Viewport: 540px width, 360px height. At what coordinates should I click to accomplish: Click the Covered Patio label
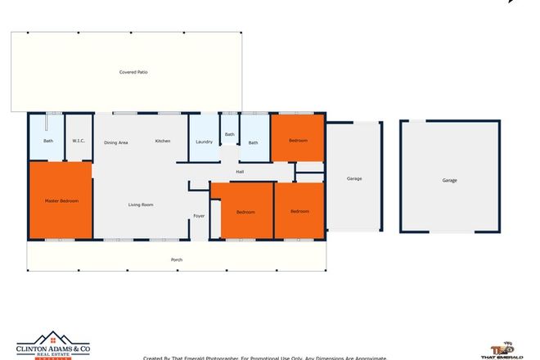133,72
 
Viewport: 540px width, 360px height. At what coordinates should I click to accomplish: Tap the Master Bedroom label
61,200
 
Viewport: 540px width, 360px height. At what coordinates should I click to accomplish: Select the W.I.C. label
79,141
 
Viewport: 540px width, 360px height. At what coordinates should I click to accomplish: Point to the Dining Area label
116,143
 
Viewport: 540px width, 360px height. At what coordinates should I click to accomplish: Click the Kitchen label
163,142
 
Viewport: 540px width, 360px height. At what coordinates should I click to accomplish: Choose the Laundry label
205,142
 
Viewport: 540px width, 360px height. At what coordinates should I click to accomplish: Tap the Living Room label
141,205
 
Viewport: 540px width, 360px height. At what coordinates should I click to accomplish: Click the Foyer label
199,216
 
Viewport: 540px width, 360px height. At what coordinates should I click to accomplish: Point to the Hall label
240,172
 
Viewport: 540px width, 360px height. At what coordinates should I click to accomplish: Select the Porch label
176,260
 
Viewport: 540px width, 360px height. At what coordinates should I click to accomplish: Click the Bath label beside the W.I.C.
48,141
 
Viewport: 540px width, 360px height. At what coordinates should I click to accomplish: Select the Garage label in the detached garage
449,180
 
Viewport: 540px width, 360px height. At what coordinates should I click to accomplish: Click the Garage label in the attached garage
354,178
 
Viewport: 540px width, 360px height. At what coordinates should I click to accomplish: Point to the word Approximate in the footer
367,358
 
